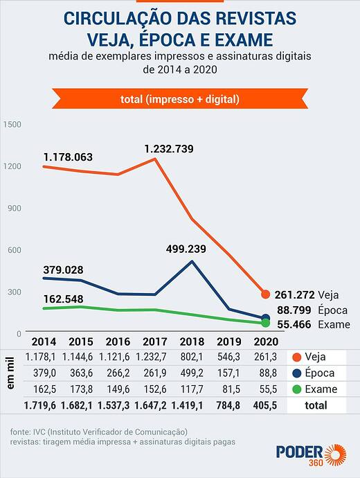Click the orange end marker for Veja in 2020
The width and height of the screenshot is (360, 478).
tap(266, 294)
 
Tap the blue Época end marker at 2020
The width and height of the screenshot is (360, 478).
tap(266, 318)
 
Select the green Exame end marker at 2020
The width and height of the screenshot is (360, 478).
tap(266, 323)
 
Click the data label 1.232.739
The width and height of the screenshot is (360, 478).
tap(169, 149)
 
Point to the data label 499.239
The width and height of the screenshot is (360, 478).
tap(186, 249)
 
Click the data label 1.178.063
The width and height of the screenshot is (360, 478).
tap(68, 157)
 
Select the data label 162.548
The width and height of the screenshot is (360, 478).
tap(64, 299)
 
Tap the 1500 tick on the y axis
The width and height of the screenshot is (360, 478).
tap(12, 125)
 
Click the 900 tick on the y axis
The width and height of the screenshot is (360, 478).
tap(15, 209)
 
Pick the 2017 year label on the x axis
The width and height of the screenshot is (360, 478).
tap(154, 342)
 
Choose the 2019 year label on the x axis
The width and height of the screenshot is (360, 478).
tap(229, 342)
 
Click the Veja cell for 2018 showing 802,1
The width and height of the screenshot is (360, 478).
tap(192, 357)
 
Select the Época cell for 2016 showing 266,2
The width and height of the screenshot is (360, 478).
tap(118, 373)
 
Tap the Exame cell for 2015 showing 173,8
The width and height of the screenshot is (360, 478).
tap(81, 389)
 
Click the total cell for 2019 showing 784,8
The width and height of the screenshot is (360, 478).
tap(228, 405)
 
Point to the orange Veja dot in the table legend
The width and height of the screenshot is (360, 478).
tap(296, 357)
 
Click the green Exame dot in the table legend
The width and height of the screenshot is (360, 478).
tap(296, 389)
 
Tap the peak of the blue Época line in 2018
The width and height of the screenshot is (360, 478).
tap(192, 261)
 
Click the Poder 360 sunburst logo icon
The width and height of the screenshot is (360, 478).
tap(335, 455)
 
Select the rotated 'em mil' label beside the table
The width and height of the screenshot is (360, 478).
tap(10, 373)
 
